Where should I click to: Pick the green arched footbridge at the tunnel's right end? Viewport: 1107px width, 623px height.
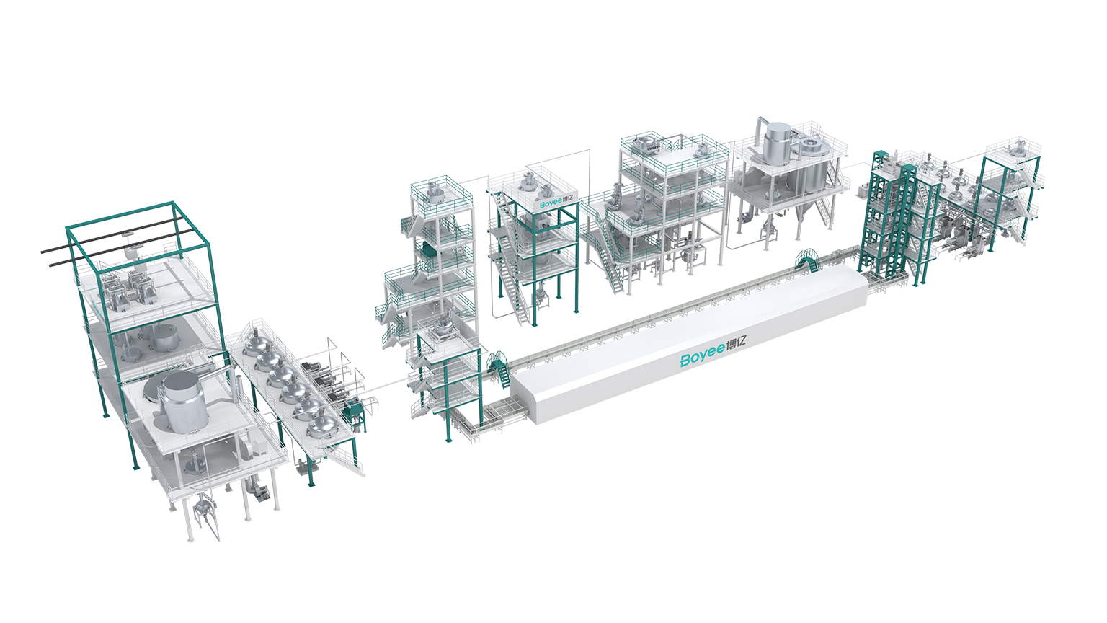[x=806, y=260]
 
